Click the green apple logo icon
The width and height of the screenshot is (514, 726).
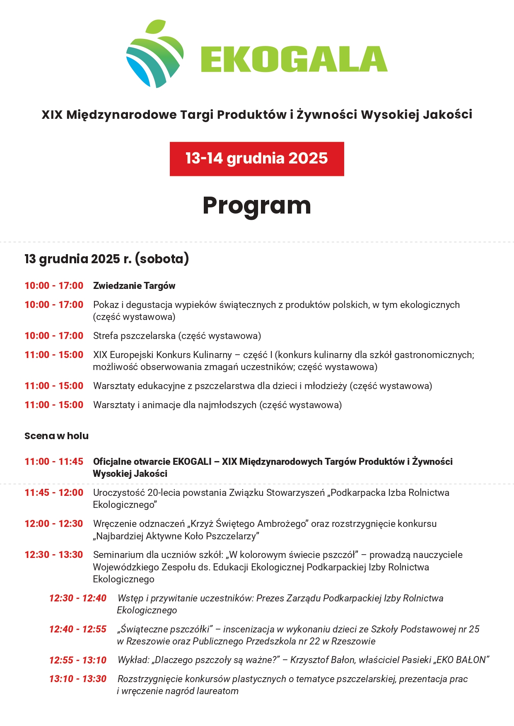[x=154, y=55]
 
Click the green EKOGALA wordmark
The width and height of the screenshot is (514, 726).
[x=294, y=60]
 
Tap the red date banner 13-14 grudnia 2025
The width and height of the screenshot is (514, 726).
[x=256, y=159]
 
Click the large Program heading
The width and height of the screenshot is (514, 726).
[x=256, y=205]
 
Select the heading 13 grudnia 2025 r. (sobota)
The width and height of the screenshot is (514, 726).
[x=106, y=259]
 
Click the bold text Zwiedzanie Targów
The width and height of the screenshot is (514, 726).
[x=134, y=286]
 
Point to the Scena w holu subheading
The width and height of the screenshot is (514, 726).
[x=56, y=436]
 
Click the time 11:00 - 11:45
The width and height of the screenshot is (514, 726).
[x=54, y=462]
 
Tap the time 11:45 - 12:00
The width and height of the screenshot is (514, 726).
[x=54, y=493]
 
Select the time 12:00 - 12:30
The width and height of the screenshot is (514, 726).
[x=54, y=524]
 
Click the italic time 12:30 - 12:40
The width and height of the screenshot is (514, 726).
[x=78, y=598]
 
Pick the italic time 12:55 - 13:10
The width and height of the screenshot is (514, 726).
[x=78, y=660]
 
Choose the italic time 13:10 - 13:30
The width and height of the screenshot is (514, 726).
[x=78, y=679]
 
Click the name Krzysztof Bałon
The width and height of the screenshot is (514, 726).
[x=323, y=660]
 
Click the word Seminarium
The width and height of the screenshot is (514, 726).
[x=117, y=555]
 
